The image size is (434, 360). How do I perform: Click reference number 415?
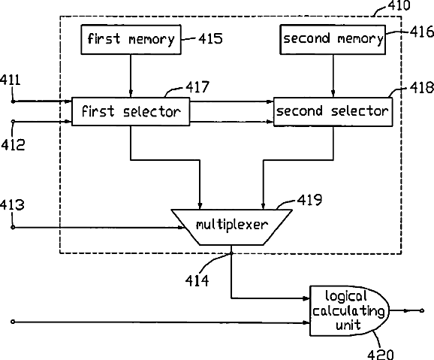click(210, 38)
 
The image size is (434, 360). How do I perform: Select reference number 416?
click(422, 32)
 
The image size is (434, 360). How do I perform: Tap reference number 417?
click(197, 87)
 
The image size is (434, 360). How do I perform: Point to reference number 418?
click(422, 88)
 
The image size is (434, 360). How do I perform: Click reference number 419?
click(309, 200)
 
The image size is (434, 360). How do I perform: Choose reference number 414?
click(197, 281)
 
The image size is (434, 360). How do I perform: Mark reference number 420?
click(381, 355)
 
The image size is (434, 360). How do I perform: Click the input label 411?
click(10, 80)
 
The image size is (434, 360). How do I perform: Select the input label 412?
click(13, 144)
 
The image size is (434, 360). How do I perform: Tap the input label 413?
click(12, 205)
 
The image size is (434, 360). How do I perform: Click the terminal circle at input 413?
click(13, 227)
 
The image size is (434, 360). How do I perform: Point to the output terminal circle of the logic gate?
click(422, 310)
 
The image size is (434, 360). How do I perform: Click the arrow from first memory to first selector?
click(131, 76)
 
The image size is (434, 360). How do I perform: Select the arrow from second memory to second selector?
click(333, 76)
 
